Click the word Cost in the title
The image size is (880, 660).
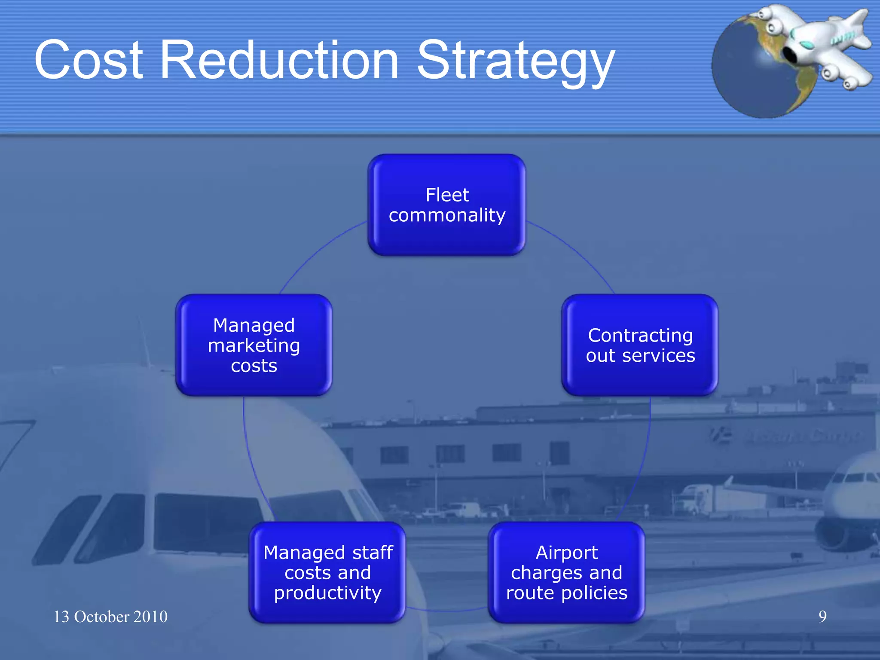(88, 60)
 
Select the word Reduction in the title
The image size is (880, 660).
(279, 60)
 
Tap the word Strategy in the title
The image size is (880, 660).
(516, 62)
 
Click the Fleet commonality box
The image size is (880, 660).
(447, 205)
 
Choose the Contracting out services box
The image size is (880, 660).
(640, 345)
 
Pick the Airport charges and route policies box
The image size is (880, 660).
(566, 572)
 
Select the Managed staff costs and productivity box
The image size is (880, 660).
(327, 572)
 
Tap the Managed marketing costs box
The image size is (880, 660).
(254, 345)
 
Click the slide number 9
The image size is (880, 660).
(822, 617)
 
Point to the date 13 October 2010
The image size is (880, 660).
(110, 617)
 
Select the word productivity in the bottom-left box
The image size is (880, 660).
(327, 593)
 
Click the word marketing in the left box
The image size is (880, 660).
(254, 346)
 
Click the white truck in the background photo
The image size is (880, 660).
(698, 498)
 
